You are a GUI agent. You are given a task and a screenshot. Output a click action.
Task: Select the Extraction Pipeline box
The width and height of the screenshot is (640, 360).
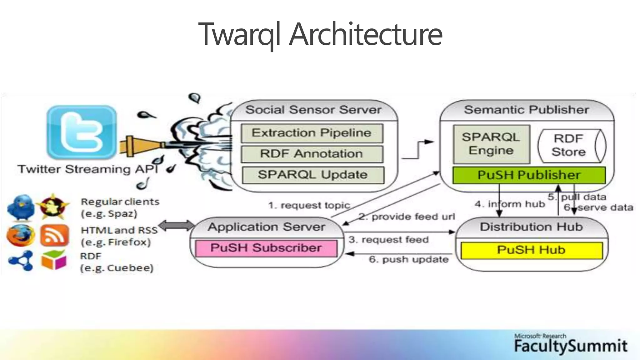pos(312,133)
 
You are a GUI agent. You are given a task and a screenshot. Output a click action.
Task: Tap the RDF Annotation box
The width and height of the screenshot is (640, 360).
pos(312,154)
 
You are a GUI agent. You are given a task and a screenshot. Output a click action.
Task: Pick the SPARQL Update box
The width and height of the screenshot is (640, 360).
pos(312,175)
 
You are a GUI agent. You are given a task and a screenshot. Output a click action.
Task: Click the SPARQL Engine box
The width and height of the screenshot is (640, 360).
pos(491,144)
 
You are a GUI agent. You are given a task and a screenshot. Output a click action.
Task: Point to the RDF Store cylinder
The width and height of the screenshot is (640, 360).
pos(569,145)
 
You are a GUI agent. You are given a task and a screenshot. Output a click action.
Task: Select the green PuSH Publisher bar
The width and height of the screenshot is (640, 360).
pos(529,175)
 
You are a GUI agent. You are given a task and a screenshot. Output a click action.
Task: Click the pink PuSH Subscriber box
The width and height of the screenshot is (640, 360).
pos(266,248)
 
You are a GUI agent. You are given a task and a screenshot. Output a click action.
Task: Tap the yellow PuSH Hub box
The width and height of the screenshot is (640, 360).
pos(531,250)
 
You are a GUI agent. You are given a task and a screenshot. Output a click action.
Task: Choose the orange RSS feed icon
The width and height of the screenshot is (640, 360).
pos(54,235)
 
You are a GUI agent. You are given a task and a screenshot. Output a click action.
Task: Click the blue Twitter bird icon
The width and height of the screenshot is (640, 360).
pos(21,207)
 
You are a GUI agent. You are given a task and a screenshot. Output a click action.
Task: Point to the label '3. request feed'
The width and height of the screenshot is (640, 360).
pos(388,240)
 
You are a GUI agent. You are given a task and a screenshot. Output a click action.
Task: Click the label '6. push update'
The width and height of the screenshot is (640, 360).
pos(408,259)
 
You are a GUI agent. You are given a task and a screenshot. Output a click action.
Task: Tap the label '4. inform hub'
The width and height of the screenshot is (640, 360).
pos(510,204)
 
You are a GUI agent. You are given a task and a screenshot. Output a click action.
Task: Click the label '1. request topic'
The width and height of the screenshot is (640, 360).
pos(309,205)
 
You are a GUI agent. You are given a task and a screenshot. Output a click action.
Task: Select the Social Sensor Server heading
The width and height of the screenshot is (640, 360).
pos(313,110)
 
